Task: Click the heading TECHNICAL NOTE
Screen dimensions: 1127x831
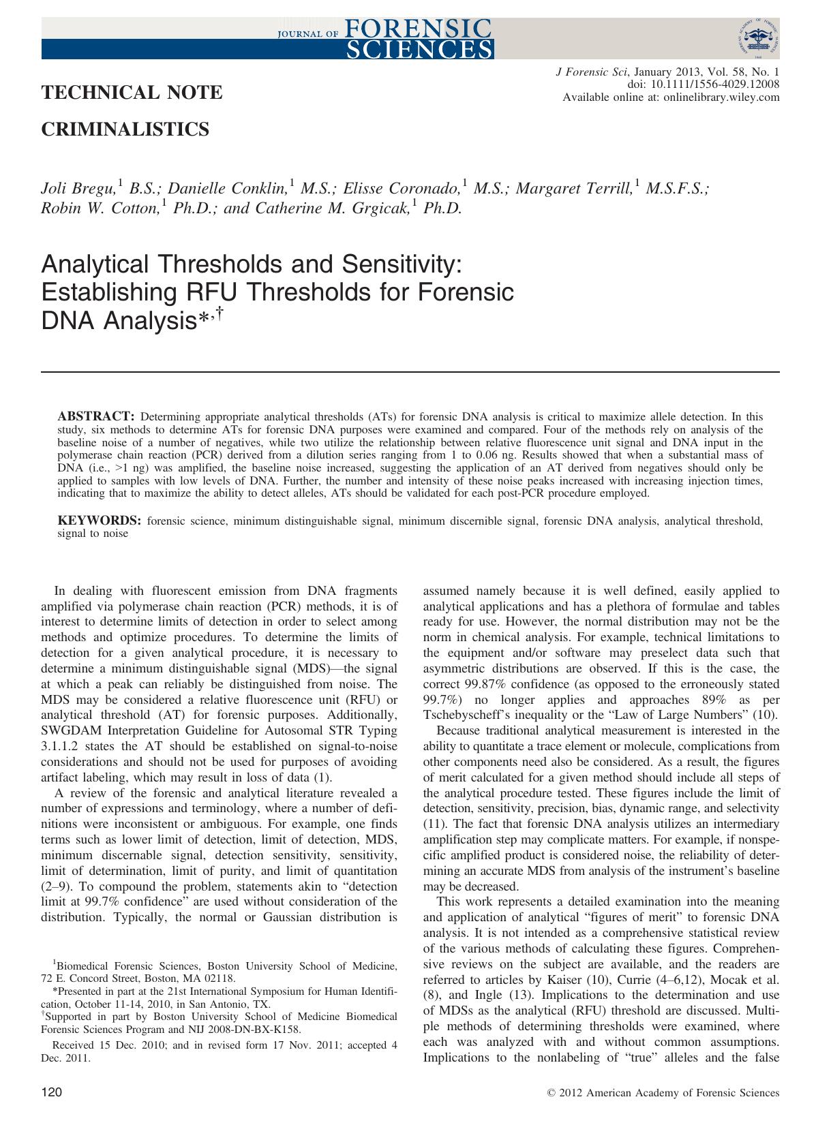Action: tap(132, 93)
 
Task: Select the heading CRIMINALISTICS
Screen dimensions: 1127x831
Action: tap(125, 129)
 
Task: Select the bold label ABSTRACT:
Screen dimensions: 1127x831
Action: tap(97, 416)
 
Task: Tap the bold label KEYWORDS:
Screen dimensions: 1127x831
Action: tap(100, 521)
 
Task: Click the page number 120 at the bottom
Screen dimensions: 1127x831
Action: tap(52, 1093)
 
